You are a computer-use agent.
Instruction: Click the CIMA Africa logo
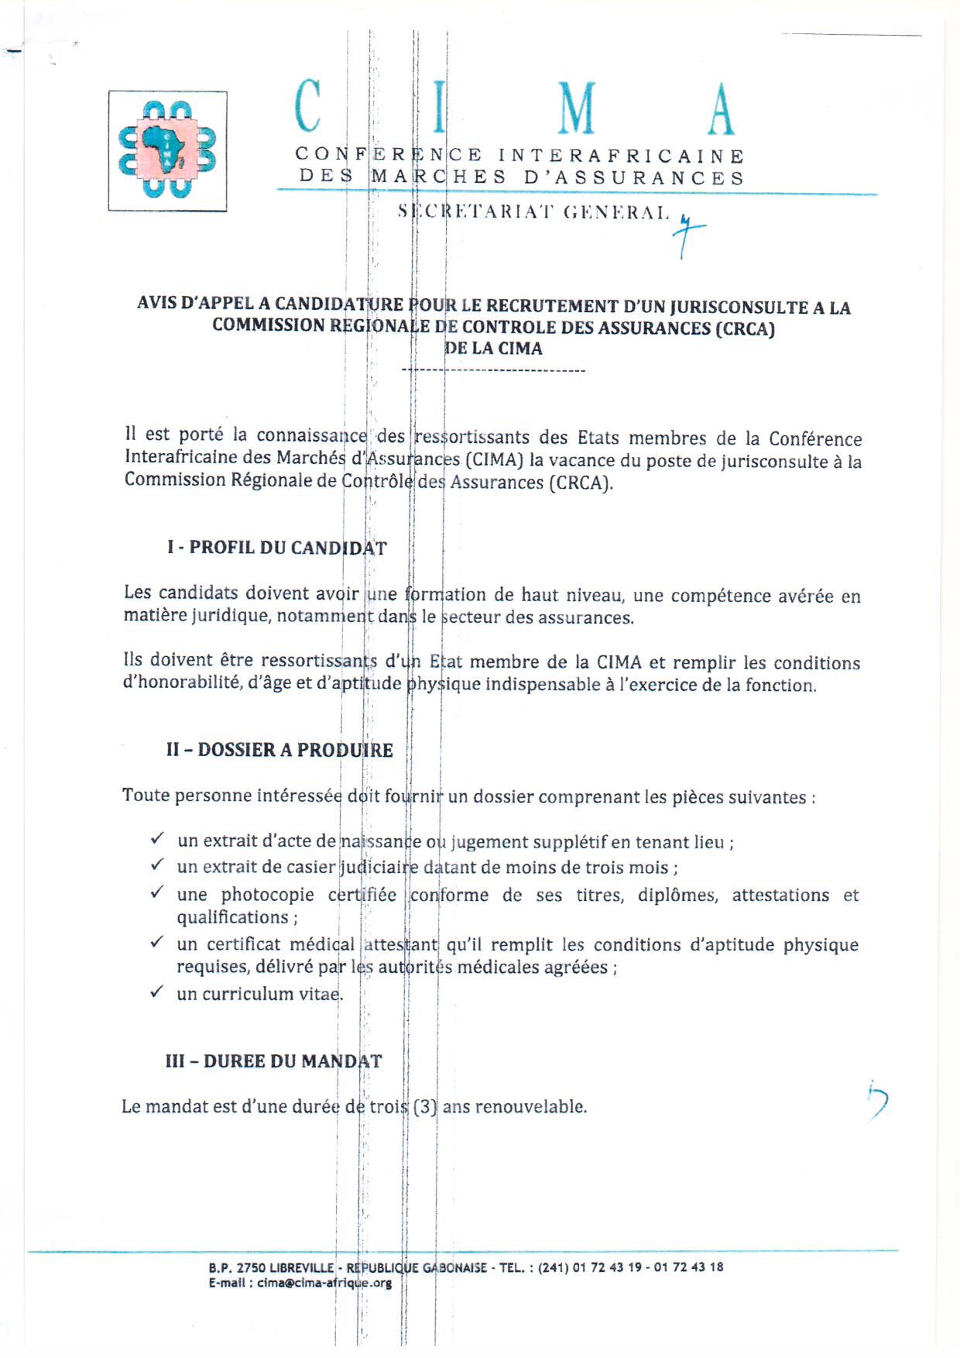point(167,150)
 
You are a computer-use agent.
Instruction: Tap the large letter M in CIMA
point(577,108)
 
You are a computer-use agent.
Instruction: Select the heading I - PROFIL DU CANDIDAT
point(276,548)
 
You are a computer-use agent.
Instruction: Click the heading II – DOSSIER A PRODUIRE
point(279,750)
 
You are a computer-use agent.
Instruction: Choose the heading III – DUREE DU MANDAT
point(273,1061)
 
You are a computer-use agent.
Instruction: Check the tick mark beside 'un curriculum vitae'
point(157,992)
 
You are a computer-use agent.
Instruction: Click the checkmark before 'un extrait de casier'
point(157,864)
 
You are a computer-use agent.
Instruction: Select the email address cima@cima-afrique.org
point(324,1283)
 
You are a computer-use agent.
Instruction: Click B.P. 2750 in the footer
point(236,1268)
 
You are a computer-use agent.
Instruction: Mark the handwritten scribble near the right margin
point(877,1101)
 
